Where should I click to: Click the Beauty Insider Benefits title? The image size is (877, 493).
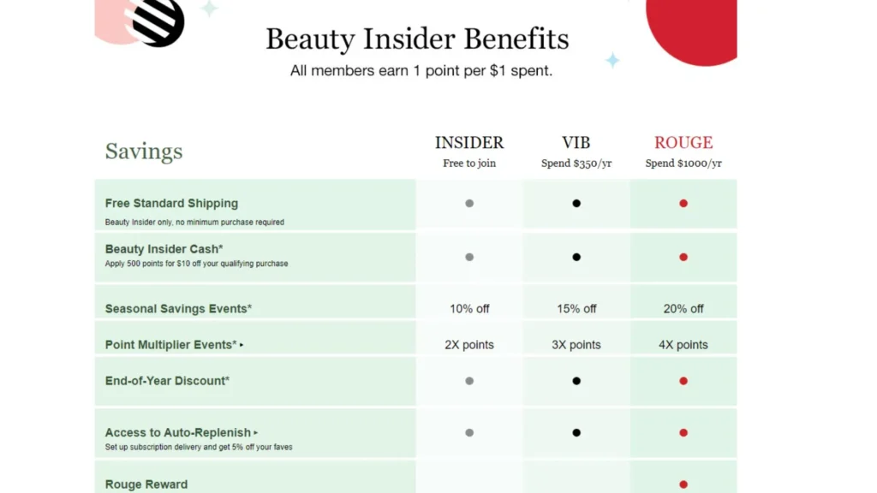pos(417,39)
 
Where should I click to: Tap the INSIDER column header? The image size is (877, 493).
pos(469,143)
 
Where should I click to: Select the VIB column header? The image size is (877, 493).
pos(576,143)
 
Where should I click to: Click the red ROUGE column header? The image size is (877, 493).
pos(683,143)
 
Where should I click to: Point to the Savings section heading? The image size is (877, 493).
pos(144,151)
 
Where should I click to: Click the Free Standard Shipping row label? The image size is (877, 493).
pos(171,204)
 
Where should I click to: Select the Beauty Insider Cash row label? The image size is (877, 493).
pos(164,249)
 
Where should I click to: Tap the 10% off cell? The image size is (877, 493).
pos(469,308)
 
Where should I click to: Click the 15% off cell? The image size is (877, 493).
pos(576,308)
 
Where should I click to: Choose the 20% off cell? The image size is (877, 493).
pos(683,308)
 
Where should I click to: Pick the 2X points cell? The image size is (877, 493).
pos(469,345)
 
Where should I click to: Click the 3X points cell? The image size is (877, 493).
pos(576,345)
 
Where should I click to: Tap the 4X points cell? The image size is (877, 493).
pos(683,345)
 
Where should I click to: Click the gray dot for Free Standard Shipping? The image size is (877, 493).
pos(469,204)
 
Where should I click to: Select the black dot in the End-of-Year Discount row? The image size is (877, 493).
pos(576,381)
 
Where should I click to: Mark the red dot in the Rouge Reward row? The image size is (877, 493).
pos(683,484)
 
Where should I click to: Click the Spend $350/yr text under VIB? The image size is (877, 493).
pos(576,163)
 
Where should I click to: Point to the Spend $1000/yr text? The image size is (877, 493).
pos(683,163)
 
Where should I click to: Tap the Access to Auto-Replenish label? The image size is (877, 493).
pos(178,433)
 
